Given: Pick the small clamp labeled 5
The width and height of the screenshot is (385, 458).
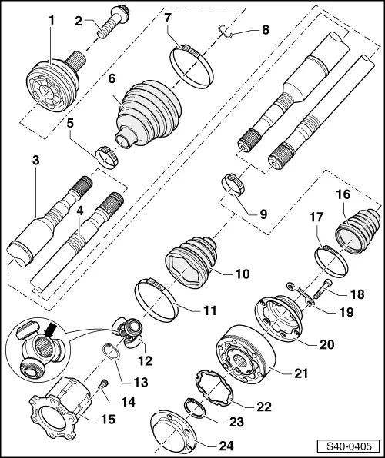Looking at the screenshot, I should (107, 154).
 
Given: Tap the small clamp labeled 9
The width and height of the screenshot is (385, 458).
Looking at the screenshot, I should (233, 184).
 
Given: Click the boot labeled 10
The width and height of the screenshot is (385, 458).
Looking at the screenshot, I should (193, 261).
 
